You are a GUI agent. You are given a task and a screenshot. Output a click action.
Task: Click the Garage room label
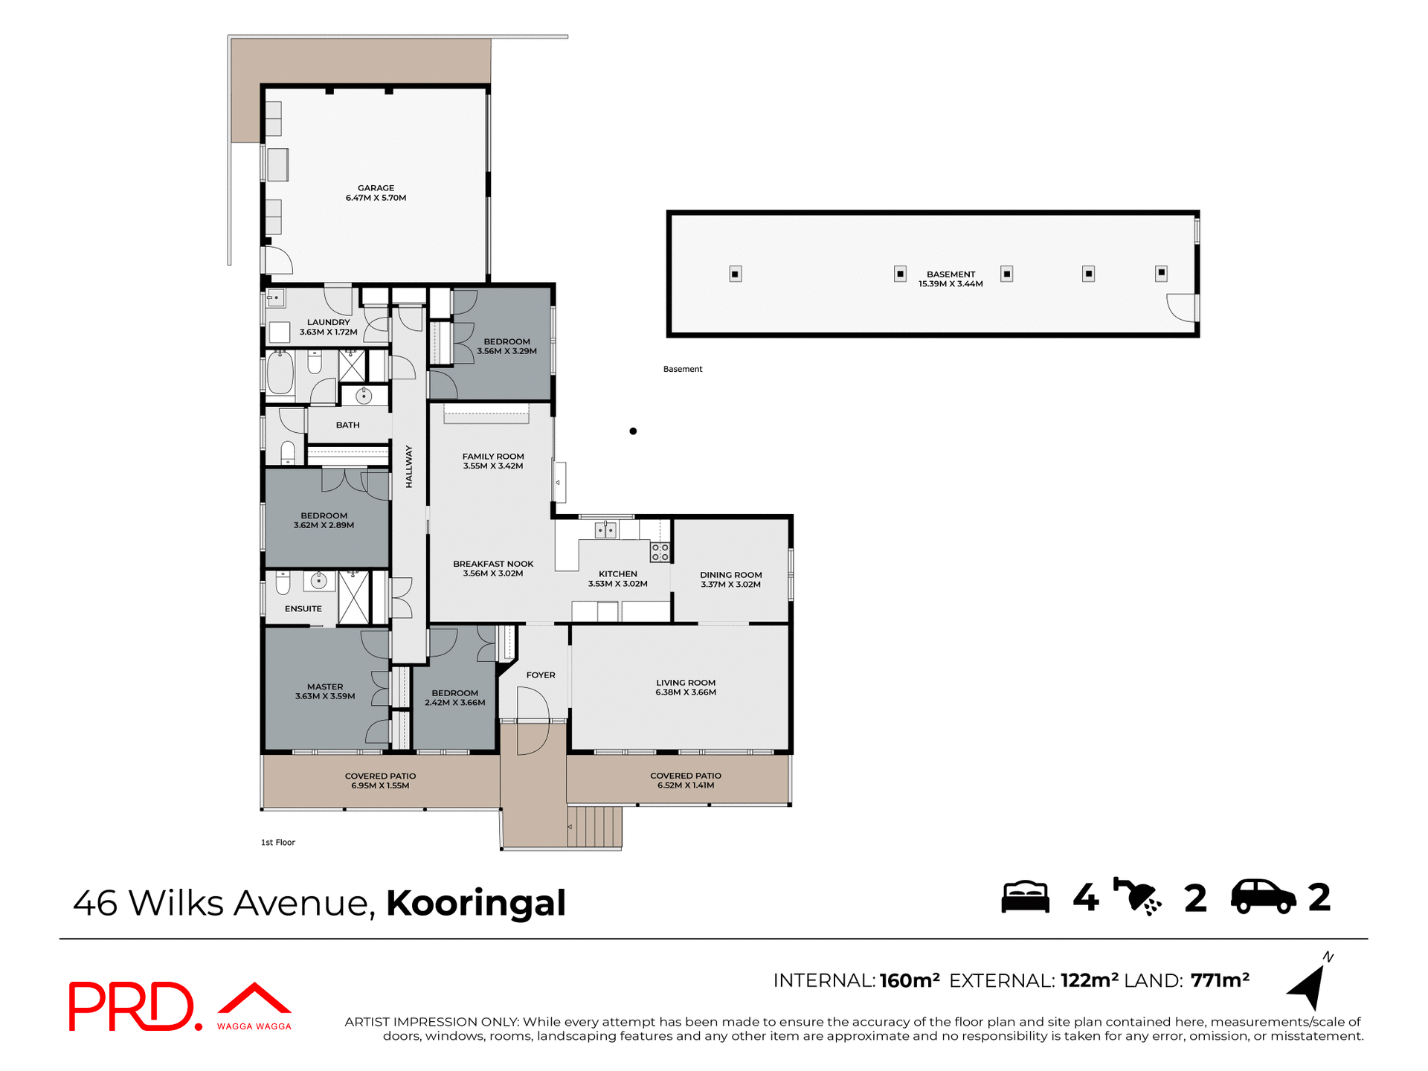376,188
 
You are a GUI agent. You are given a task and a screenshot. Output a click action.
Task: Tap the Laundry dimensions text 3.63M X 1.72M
328,332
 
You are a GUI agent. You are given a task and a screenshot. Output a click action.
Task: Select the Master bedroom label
325,686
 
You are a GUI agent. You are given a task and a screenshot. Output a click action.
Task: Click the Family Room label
493,457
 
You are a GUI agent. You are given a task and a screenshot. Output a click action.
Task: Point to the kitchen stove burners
660,552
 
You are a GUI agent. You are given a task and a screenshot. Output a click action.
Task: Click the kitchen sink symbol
605,530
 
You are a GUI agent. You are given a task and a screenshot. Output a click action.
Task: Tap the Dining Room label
730,575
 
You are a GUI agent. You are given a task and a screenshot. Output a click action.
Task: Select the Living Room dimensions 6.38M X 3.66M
685,692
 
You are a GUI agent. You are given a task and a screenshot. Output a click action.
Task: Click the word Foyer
541,675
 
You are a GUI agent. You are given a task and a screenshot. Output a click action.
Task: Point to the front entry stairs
595,826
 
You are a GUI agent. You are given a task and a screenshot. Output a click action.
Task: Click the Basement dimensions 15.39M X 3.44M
950,284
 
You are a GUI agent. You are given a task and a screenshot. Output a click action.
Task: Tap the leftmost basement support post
735,274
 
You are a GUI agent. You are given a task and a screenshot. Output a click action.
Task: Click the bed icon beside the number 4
1025,897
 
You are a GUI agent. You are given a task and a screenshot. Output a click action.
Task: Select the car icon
1263,897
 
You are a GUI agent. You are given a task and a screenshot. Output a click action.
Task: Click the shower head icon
1136,896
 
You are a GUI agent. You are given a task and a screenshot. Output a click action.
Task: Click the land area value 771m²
1220,980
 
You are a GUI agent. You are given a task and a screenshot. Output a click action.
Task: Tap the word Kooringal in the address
476,903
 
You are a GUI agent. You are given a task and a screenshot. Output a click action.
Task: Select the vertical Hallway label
409,467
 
